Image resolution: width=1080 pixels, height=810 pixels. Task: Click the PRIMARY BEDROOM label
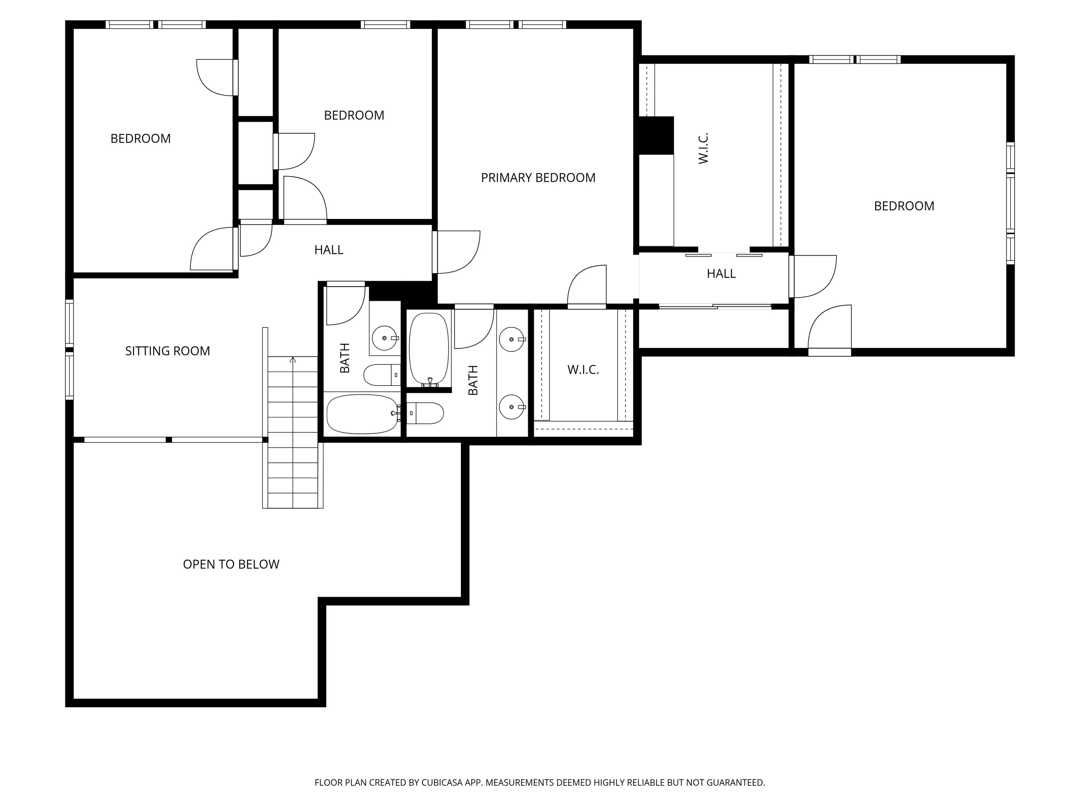coord(538,178)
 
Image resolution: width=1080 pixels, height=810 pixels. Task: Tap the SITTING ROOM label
coord(167,351)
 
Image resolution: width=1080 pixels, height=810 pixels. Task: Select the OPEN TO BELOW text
coord(231,564)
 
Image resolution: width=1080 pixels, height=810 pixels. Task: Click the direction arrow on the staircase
coord(292,360)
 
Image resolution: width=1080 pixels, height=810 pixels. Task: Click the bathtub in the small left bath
coord(362,414)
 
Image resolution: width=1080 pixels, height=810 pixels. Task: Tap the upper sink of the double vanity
coord(511,339)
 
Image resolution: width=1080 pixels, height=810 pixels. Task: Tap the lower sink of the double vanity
coord(511,407)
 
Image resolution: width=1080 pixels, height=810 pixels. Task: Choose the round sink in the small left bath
coord(385,338)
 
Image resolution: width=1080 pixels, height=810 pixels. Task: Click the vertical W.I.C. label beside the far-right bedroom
coord(703,148)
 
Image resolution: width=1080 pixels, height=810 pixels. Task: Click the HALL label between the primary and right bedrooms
coord(721,274)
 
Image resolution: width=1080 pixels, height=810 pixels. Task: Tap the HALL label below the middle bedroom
coord(329,250)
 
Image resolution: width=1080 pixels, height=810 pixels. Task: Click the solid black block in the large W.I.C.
coord(656,135)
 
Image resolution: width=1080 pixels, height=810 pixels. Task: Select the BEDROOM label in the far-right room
coord(904,206)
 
